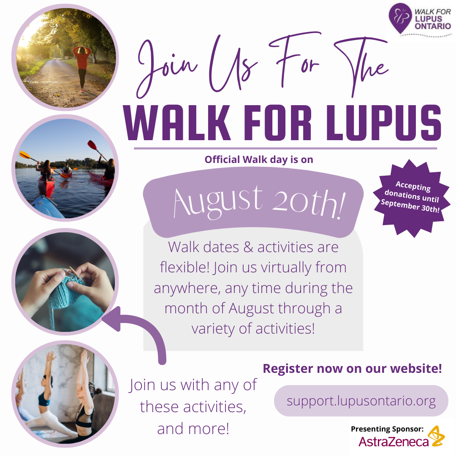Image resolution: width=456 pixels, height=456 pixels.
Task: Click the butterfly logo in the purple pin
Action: point(401,16)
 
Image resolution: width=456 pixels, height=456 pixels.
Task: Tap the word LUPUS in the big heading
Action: point(384,122)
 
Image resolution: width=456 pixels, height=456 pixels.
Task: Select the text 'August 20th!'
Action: point(259,203)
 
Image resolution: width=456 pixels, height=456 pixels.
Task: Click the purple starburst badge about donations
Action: point(412,198)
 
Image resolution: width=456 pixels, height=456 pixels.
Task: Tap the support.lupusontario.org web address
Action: point(361,401)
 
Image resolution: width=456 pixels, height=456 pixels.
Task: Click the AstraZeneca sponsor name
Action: point(394,442)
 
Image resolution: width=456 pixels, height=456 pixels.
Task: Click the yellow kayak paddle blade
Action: point(25,155)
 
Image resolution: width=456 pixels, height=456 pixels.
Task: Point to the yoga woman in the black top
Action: point(86,402)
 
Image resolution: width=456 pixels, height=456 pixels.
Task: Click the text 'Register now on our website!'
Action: point(353,369)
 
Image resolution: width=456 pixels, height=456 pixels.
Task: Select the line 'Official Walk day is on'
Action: point(259,159)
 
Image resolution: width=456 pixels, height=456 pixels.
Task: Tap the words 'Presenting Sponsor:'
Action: point(387,429)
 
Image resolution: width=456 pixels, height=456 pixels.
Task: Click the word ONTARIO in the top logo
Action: point(433,26)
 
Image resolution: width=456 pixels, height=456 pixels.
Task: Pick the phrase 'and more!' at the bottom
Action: point(193,429)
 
